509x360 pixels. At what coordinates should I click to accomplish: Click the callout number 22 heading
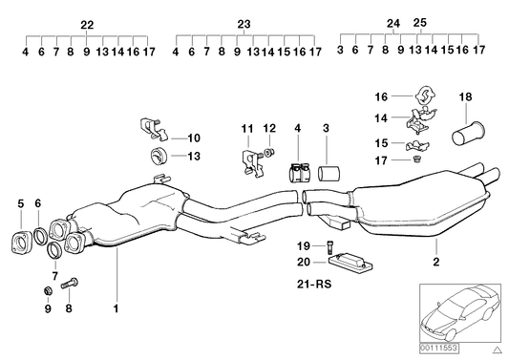87,25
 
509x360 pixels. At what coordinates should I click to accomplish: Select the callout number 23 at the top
244,24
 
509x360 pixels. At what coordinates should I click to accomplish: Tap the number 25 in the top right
420,23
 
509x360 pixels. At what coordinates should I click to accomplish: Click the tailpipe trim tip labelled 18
469,133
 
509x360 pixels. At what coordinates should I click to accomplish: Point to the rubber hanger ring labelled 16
425,95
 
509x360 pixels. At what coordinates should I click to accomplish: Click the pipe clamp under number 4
298,173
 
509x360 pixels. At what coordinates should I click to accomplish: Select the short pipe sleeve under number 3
329,174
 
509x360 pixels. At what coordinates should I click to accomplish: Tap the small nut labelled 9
49,291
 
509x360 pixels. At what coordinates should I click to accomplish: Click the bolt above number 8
70,284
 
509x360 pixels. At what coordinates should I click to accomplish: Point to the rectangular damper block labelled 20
350,262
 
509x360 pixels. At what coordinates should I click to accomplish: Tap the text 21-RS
314,284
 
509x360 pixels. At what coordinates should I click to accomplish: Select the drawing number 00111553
439,349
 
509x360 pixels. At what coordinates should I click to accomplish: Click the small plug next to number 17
417,159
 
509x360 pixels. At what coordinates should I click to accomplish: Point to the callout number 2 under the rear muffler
436,262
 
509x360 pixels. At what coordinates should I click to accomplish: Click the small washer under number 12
269,152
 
